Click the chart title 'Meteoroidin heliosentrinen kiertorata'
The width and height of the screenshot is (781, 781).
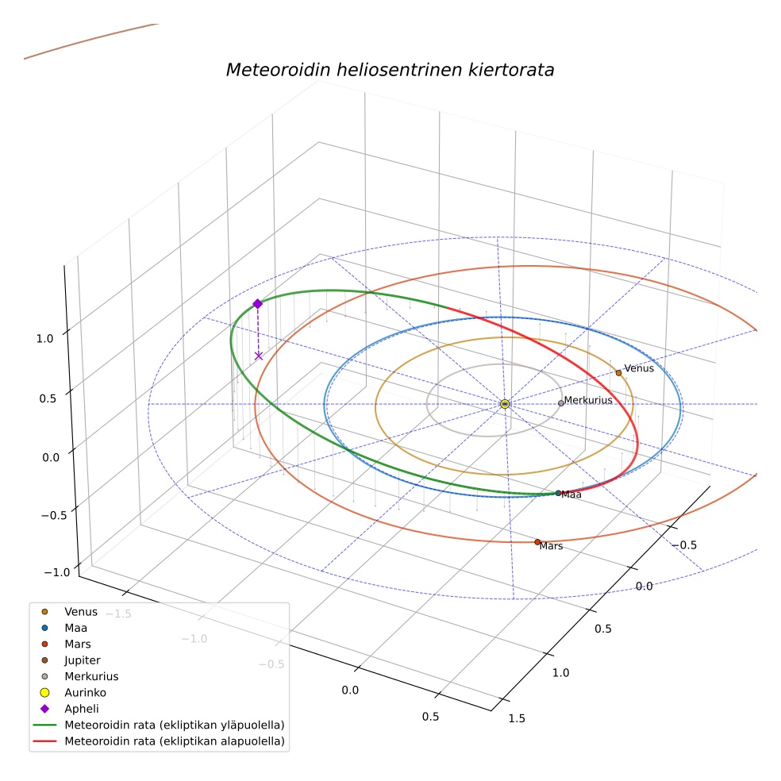[390, 70]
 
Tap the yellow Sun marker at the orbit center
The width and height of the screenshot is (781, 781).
[505, 404]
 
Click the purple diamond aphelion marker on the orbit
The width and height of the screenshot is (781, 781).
[257, 304]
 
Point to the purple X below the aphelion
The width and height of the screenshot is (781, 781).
[259, 356]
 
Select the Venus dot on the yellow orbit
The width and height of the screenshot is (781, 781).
[618, 372]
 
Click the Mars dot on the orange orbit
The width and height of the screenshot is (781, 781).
[537, 542]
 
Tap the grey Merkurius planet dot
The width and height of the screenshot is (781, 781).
[561, 403]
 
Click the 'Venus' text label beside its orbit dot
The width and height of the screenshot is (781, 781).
[639, 368]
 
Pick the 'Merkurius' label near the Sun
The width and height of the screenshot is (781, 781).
[588, 400]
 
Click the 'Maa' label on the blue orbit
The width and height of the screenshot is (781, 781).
[571, 494]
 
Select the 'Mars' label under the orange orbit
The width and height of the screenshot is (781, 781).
[551, 546]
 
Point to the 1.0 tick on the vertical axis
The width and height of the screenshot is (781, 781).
[44, 339]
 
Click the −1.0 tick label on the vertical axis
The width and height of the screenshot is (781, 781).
[57, 572]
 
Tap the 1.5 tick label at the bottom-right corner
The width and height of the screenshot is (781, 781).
[517, 718]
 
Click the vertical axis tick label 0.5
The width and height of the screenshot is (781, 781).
[48, 398]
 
